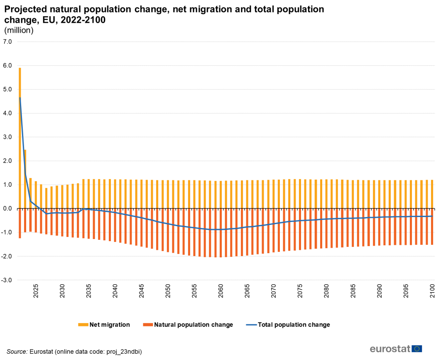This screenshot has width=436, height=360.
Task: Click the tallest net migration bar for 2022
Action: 20,137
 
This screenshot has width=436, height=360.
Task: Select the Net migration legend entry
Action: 109,325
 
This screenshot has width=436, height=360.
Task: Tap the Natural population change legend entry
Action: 193,325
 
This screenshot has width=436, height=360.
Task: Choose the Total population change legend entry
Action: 294,325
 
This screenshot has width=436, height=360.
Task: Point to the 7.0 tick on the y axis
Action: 8,42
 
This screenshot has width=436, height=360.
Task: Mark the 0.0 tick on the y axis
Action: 8,209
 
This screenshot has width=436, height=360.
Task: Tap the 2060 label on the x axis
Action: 220,289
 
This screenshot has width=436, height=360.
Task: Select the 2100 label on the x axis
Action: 432,289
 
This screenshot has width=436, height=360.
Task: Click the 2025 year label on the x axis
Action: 36,289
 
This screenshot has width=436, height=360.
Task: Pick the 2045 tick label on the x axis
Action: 141,289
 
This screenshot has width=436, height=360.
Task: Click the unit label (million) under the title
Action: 18,30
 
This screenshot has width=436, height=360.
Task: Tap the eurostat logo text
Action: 389,348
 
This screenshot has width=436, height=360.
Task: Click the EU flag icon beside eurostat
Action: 416,348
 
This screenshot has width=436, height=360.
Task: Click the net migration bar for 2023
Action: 25,179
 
